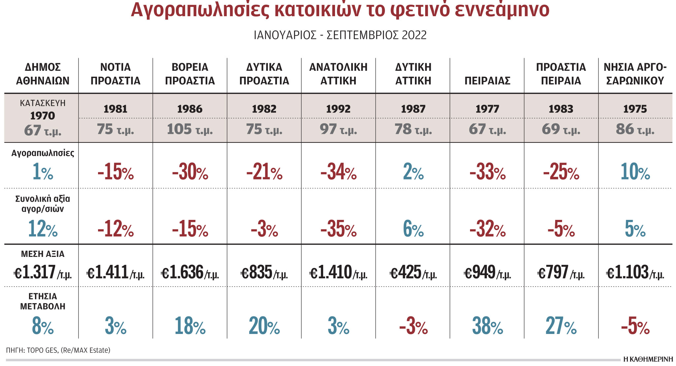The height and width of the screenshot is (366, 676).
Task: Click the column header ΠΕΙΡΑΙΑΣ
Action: (487, 81)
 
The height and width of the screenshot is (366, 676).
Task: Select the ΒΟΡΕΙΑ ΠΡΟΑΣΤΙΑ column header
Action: (190, 74)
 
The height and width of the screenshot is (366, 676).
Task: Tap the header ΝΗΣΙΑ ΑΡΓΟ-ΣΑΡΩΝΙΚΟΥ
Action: (635, 74)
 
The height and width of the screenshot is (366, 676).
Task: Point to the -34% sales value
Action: (338, 172)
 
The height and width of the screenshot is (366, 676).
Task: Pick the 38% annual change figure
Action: (487, 326)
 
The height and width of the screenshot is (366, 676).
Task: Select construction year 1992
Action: (338, 109)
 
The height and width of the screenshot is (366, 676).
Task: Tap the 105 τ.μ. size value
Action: (190, 129)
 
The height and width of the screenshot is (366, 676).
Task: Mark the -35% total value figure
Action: (338, 229)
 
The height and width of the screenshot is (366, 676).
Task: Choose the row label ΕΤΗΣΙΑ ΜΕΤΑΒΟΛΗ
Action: (43, 301)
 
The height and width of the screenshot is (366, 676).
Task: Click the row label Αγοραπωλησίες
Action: (43, 153)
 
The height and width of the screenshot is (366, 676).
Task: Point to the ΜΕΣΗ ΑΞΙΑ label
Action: (43, 254)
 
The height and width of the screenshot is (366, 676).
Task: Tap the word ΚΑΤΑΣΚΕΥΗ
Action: (43, 103)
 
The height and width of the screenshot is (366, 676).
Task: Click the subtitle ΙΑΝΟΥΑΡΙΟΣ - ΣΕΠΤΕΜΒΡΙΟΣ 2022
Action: (340, 35)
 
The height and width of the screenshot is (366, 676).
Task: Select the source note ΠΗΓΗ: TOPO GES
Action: (58, 350)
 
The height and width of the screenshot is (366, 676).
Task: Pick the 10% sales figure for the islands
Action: (635, 172)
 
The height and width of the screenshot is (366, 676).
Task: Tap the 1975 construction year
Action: (635, 109)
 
